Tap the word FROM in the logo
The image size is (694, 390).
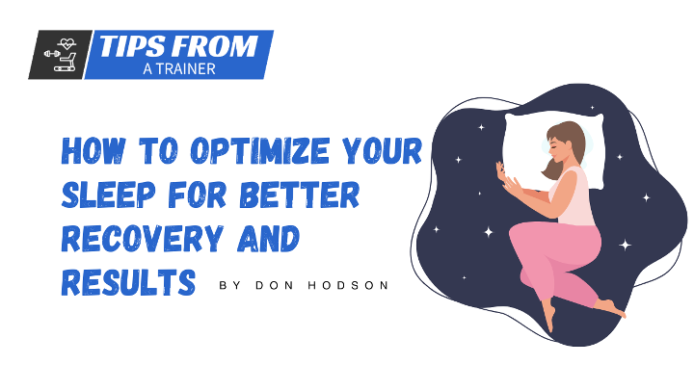point(214,46)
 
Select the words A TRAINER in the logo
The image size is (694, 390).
point(179,69)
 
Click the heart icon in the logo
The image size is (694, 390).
point(67,43)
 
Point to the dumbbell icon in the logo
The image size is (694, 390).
point(52,54)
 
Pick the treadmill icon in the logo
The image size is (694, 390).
point(67,62)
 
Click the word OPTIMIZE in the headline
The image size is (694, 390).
point(260,151)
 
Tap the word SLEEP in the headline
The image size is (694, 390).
point(109,195)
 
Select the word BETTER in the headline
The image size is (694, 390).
point(300,195)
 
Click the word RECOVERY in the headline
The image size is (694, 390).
point(142,239)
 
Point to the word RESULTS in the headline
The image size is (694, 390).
point(128,282)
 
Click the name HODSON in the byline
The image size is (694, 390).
point(348,285)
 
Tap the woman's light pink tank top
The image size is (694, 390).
point(574,195)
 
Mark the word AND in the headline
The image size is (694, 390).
point(269,239)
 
